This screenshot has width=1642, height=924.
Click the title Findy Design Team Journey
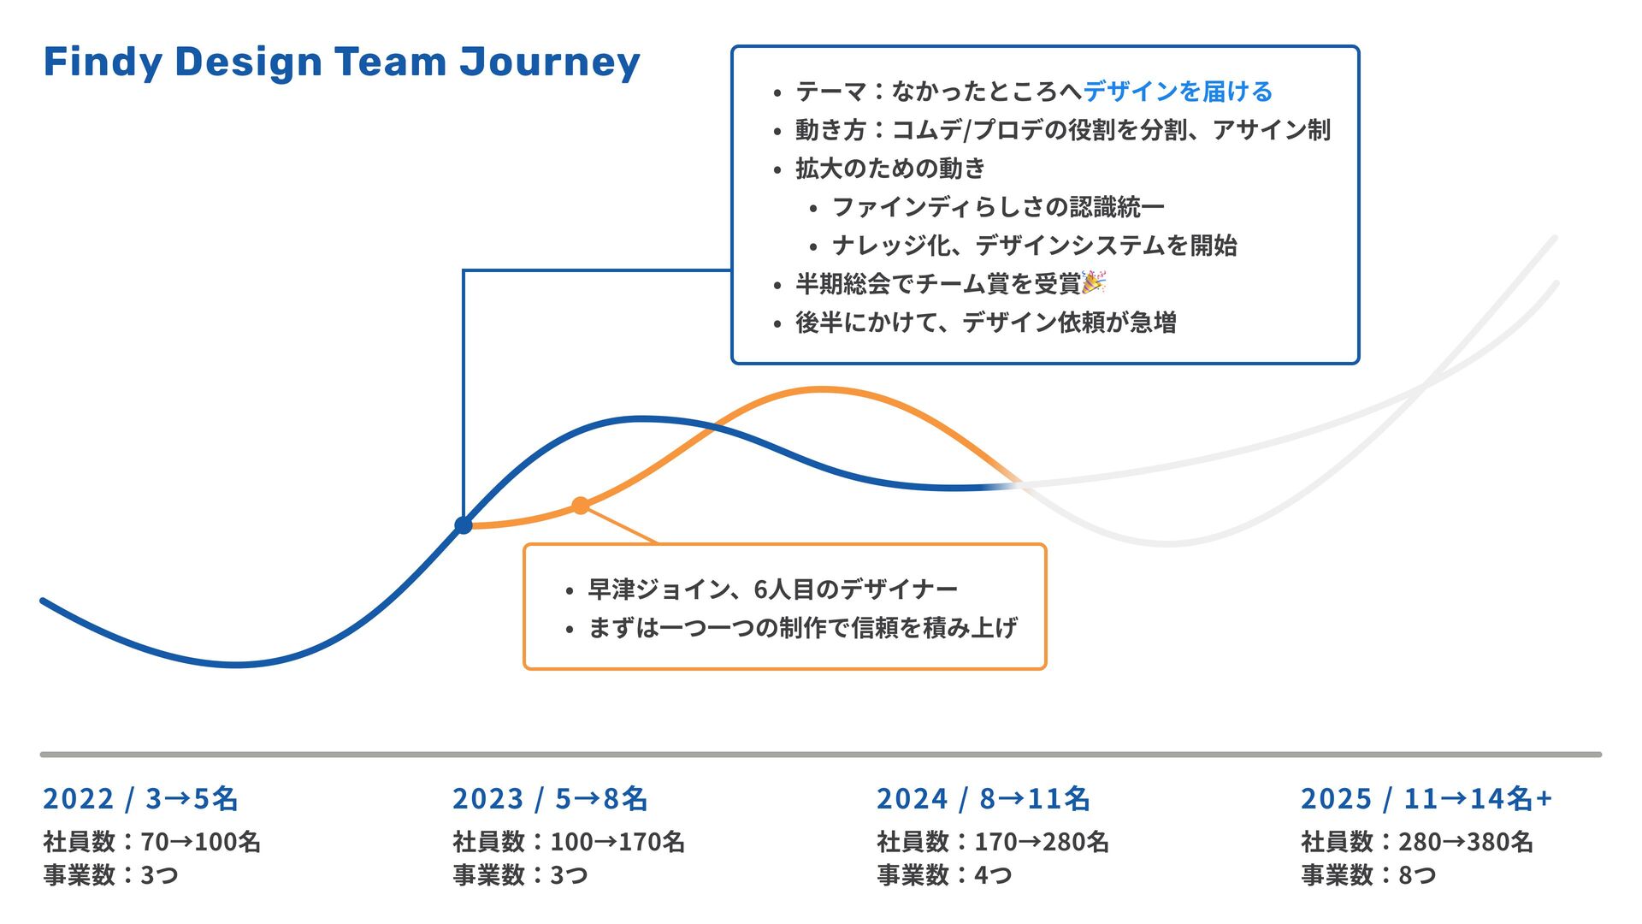click(341, 62)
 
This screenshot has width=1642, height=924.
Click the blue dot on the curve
click(464, 524)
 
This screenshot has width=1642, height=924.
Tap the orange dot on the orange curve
click(581, 506)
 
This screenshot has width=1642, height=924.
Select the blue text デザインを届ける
click(1178, 91)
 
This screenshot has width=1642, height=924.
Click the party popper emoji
click(1094, 282)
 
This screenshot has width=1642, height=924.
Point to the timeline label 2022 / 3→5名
click(140, 798)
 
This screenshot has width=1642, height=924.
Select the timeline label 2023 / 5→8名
click(550, 798)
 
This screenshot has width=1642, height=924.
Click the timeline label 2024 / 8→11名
click(983, 798)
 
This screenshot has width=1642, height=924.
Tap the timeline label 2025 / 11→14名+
click(1426, 798)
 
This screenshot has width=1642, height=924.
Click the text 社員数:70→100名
click(152, 842)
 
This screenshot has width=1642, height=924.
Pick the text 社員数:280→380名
click(1417, 842)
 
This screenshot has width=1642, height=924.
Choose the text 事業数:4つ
click(945, 875)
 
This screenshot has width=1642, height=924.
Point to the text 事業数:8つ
click(1368, 875)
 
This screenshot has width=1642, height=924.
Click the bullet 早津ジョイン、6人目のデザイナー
click(772, 589)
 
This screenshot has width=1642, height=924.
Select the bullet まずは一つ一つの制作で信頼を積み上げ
click(802, 628)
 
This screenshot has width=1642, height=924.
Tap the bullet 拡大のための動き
click(890, 169)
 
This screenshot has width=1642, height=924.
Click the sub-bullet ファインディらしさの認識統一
click(998, 207)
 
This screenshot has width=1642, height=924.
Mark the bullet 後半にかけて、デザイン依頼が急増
click(985, 323)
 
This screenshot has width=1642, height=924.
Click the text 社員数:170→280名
click(993, 842)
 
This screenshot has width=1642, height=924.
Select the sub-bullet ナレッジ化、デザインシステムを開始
click(1034, 246)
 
